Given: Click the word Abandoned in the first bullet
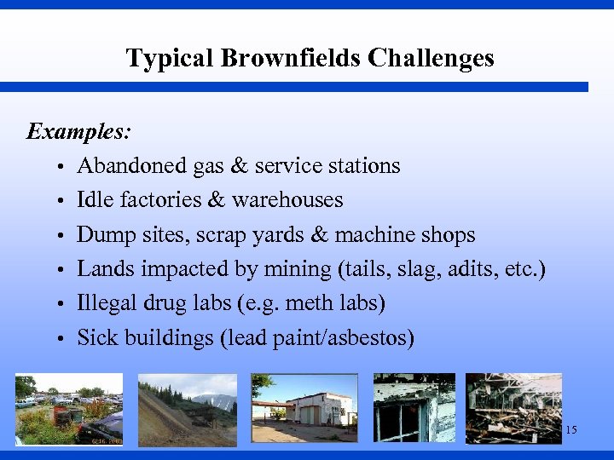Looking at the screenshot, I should coord(132,165).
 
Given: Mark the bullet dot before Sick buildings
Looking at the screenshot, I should coord(63,339).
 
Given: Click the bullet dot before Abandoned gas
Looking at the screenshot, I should coord(63,166).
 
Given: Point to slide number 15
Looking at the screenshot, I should coord(571,430).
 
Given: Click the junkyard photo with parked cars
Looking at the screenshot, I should coord(69,409).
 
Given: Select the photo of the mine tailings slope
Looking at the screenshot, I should coord(187,409).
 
